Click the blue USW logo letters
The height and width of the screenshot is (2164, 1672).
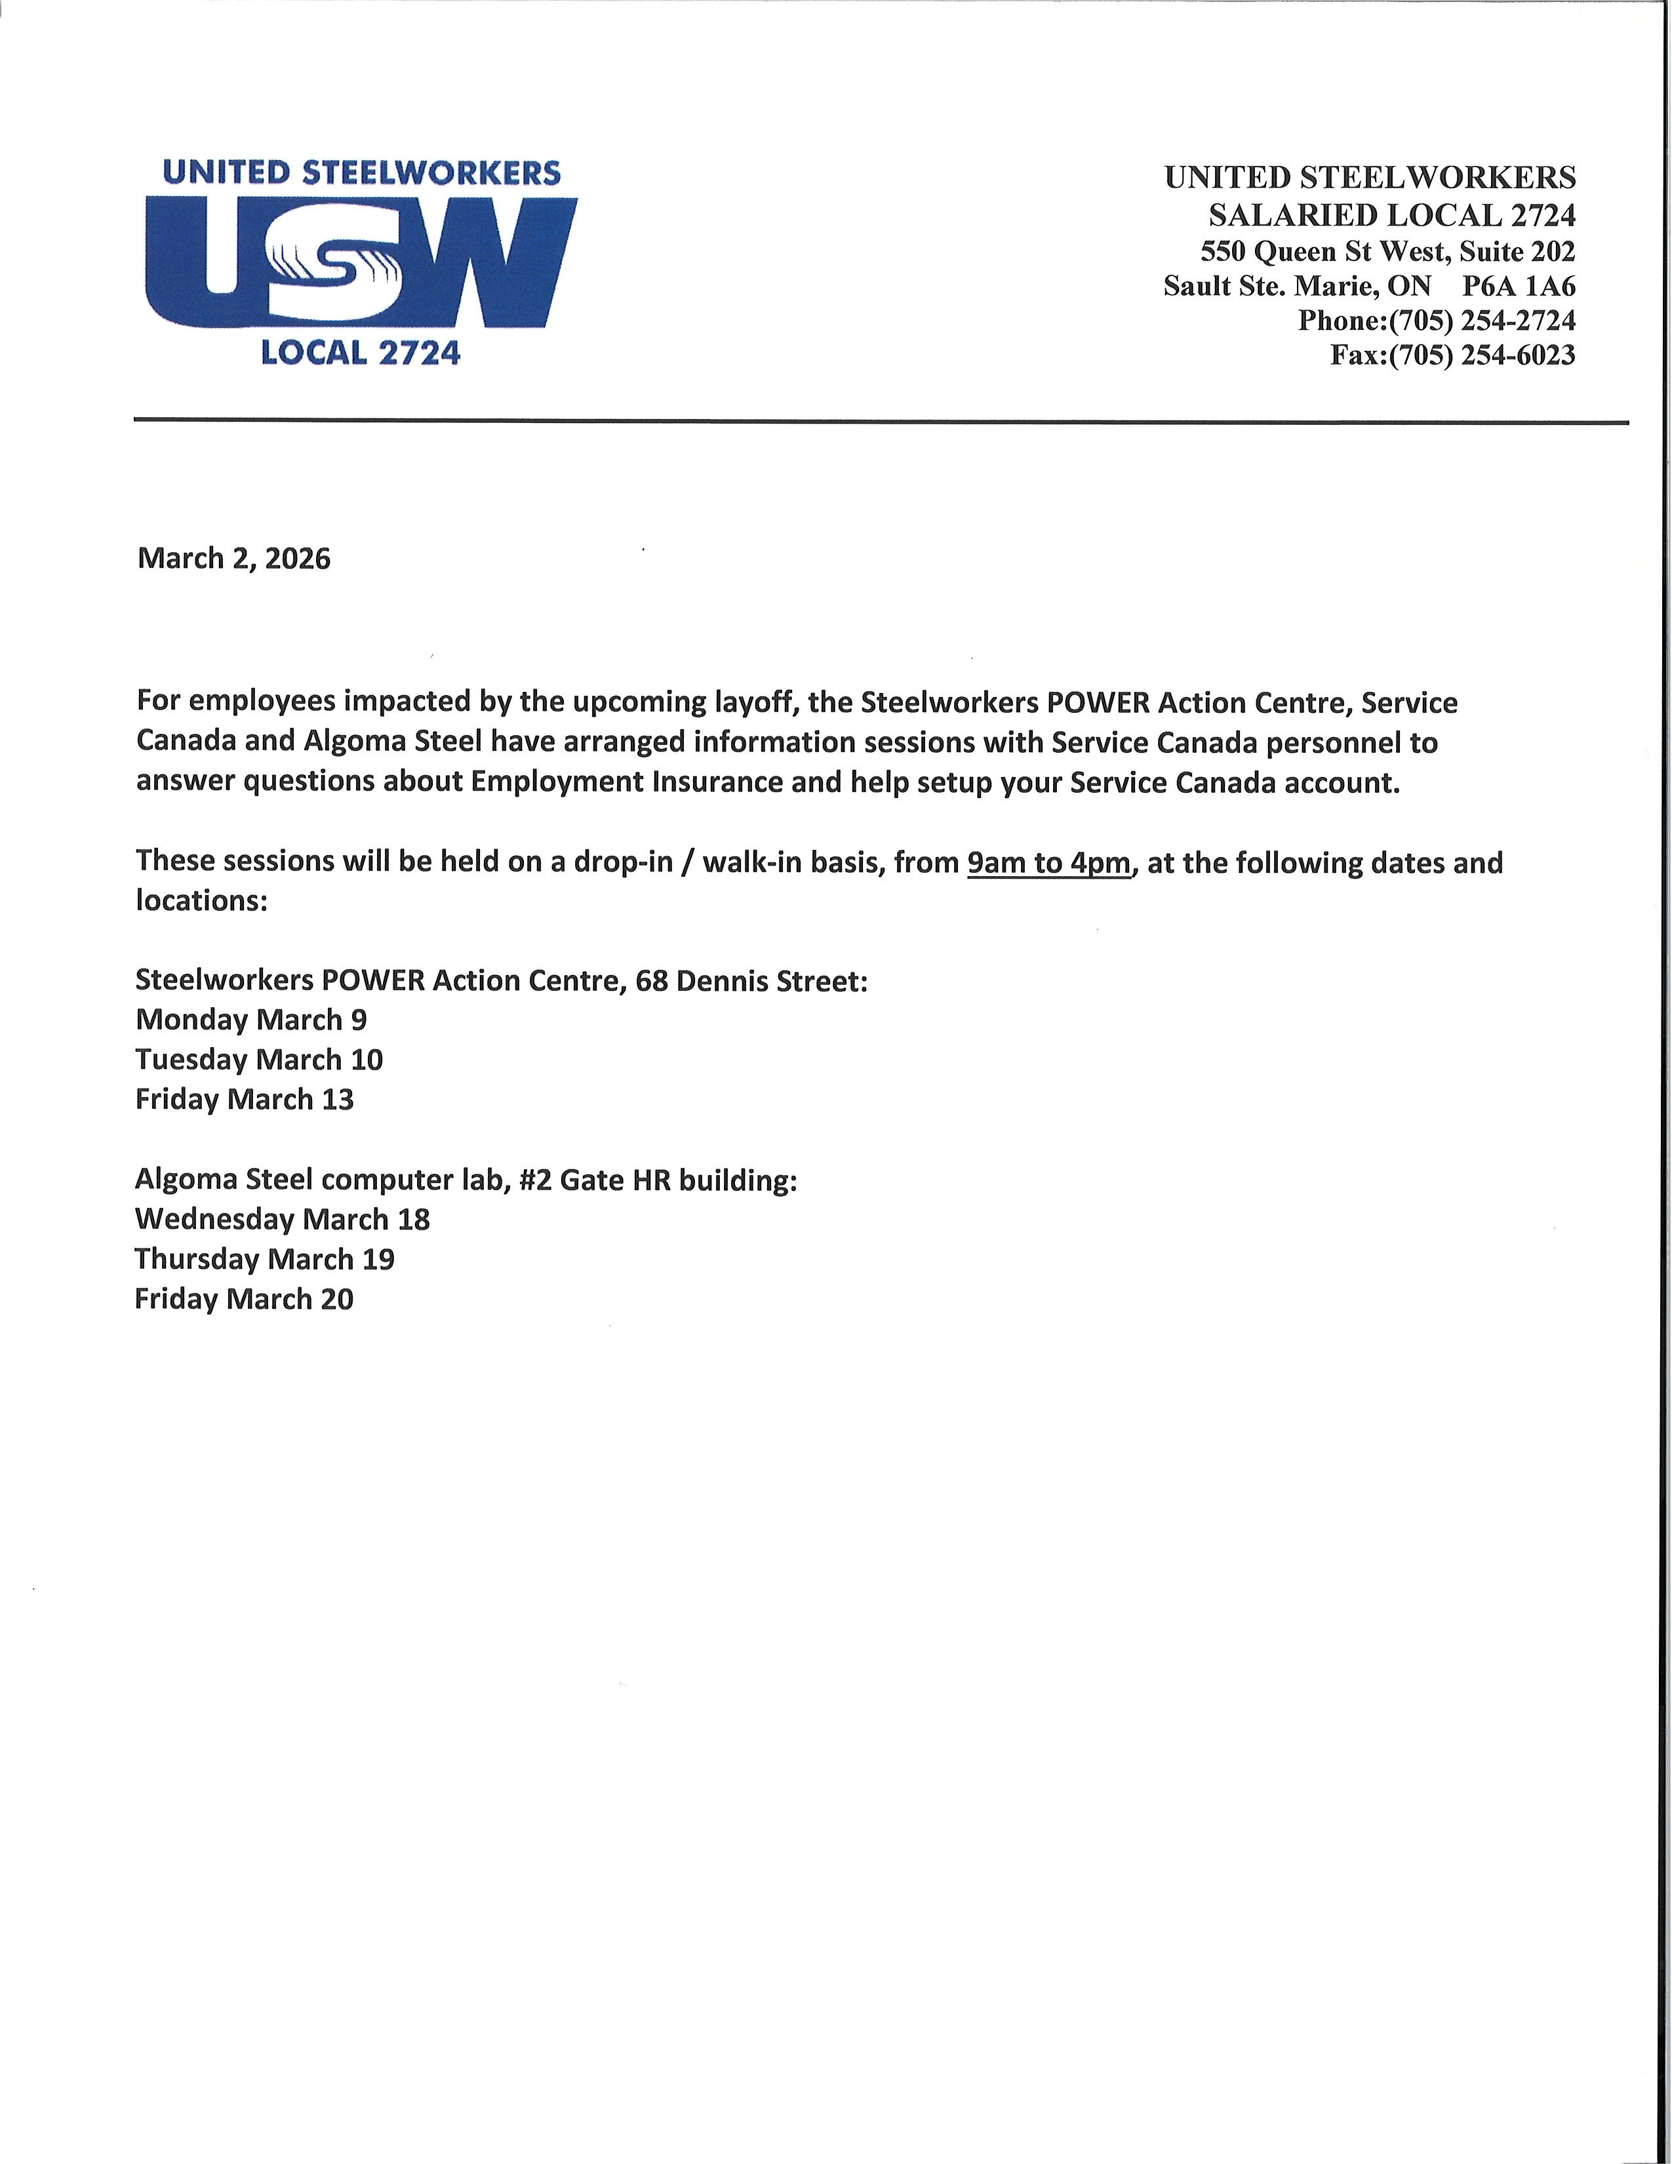pyautogui.click(x=361, y=262)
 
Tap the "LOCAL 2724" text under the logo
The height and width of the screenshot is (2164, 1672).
pyautogui.click(x=361, y=353)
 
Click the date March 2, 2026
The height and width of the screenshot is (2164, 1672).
pyautogui.click(x=234, y=559)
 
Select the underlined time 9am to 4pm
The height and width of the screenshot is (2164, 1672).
pyautogui.click(x=1048, y=863)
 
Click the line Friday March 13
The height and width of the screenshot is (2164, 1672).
pyautogui.click(x=244, y=1100)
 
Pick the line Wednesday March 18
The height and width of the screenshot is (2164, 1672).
pyautogui.click(x=283, y=1219)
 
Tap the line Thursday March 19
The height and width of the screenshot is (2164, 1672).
pyautogui.click(x=264, y=1259)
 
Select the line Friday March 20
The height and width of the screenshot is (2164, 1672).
pyautogui.click(x=244, y=1299)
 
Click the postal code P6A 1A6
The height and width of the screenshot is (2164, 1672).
pyautogui.click(x=1519, y=287)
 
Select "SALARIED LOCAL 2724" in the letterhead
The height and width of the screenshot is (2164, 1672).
pyautogui.click(x=1391, y=215)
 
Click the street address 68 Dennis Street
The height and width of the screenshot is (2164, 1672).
pyautogui.click(x=751, y=981)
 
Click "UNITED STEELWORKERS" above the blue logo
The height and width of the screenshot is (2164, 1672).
pyautogui.click(x=361, y=173)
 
